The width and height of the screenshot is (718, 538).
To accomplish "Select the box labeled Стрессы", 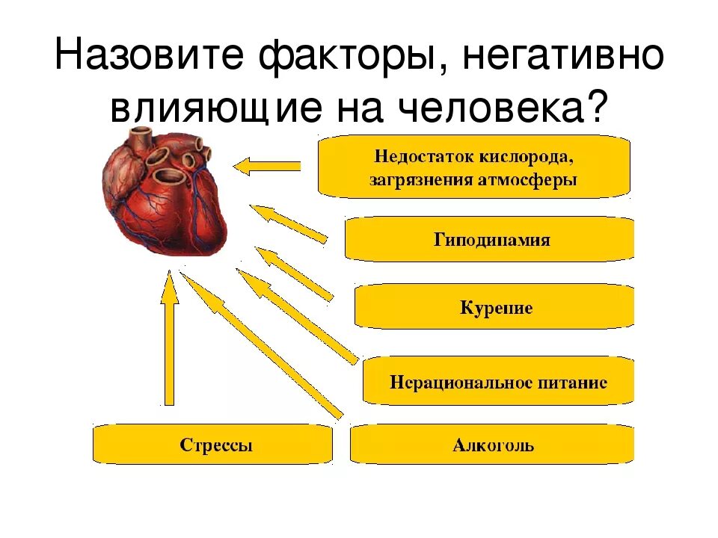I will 212,446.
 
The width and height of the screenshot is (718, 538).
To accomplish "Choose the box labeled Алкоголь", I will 492,446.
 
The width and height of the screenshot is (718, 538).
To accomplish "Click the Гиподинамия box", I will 491,240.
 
